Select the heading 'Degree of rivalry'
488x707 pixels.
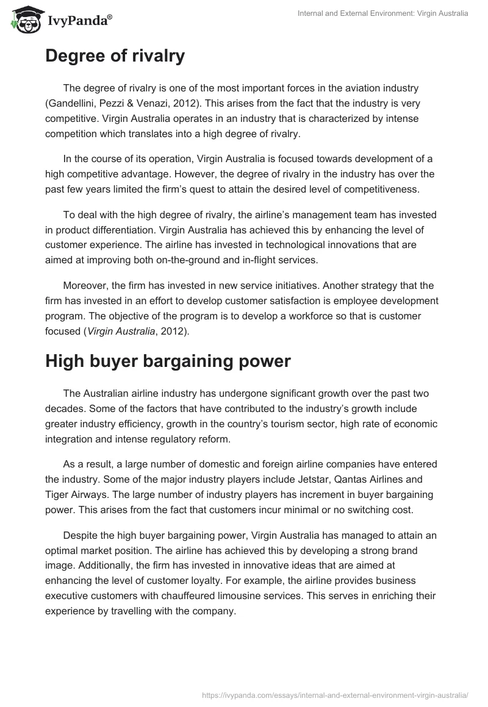tap(115, 57)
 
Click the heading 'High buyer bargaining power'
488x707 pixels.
tap(168, 361)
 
